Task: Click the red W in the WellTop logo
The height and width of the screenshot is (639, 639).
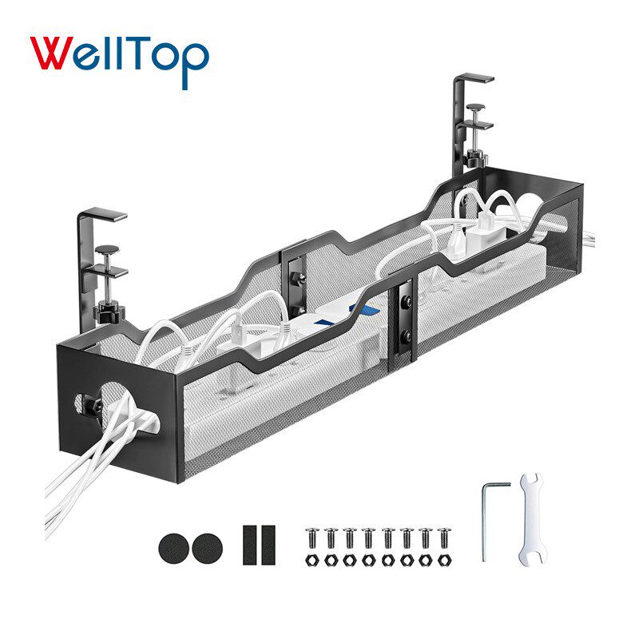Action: (x=52, y=53)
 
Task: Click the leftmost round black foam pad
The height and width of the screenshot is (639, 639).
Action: (x=174, y=549)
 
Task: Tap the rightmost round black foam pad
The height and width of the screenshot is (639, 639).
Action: (x=207, y=549)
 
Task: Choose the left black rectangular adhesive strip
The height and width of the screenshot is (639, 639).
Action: (x=250, y=545)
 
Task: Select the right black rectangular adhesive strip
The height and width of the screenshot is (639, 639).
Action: (x=268, y=545)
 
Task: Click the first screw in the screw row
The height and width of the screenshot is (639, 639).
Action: (x=312, y=538)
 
